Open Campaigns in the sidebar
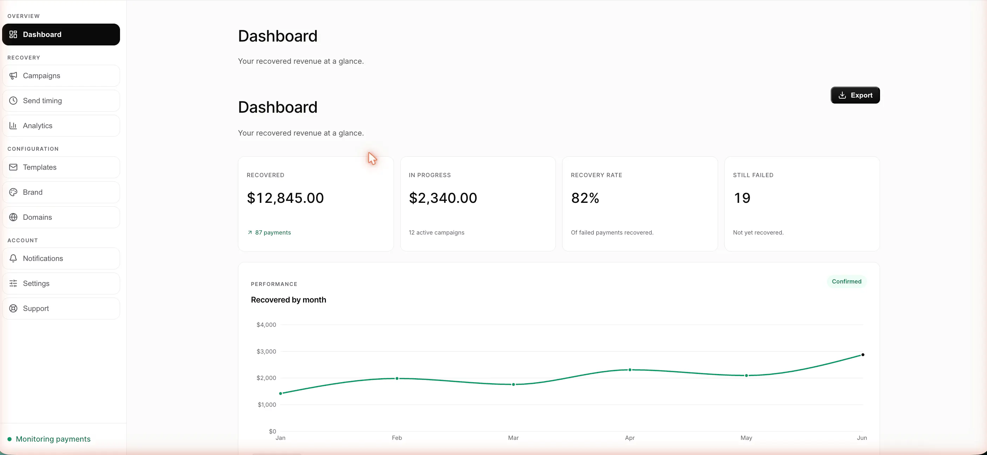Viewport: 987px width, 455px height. [x=61, y=75]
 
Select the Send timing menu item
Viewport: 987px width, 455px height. [x=61, y=100]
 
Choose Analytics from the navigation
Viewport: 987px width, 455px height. [x=61, y=126]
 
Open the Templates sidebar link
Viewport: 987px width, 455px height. [x=61, y=167]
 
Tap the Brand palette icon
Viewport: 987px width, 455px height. [x=13, y=192]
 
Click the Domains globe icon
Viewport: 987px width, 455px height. [x=13, y=217]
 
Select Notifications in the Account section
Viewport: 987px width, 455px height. [x=61, y=258]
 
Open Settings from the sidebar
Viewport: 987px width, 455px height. [x=61, y=283]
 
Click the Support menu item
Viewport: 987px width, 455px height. [x=61, y=308]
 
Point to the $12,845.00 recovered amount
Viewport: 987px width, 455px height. [x=285, y=198]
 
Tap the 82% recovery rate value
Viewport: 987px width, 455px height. [x=585, y=198]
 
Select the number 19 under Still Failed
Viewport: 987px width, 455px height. [x=742, y=198]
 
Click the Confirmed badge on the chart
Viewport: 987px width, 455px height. [x=847, y=281]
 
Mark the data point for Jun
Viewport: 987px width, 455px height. [x=862, y=355]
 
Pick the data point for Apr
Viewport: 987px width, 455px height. [x=630, y=370]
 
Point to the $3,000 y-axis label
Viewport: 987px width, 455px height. [x=266, y=351]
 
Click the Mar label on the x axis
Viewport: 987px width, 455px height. [x=513, y=438]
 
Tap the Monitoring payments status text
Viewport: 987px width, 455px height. [x=53, y=439]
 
